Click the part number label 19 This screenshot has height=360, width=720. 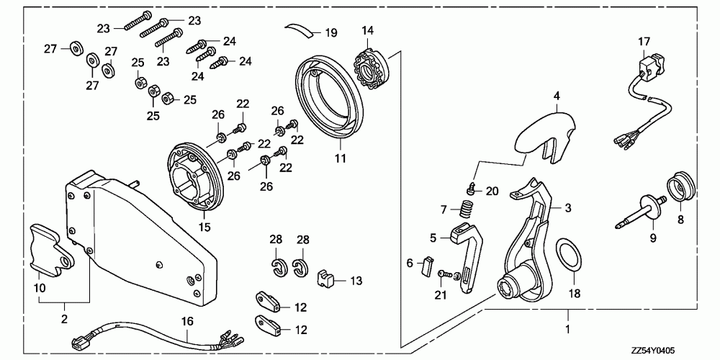click(x=330, y=32)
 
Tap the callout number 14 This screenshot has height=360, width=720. click(x=368, y=30)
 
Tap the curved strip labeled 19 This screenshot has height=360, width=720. click(x=301, y=30)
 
